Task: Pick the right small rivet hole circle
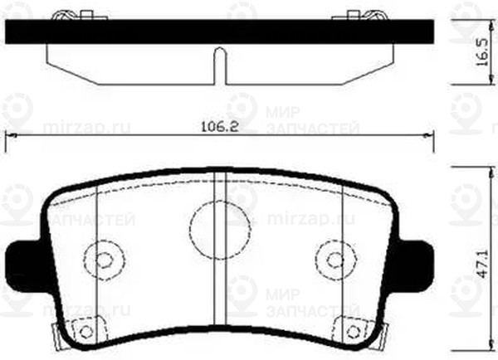click(333, 257)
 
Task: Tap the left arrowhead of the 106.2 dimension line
click(10, 136)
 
